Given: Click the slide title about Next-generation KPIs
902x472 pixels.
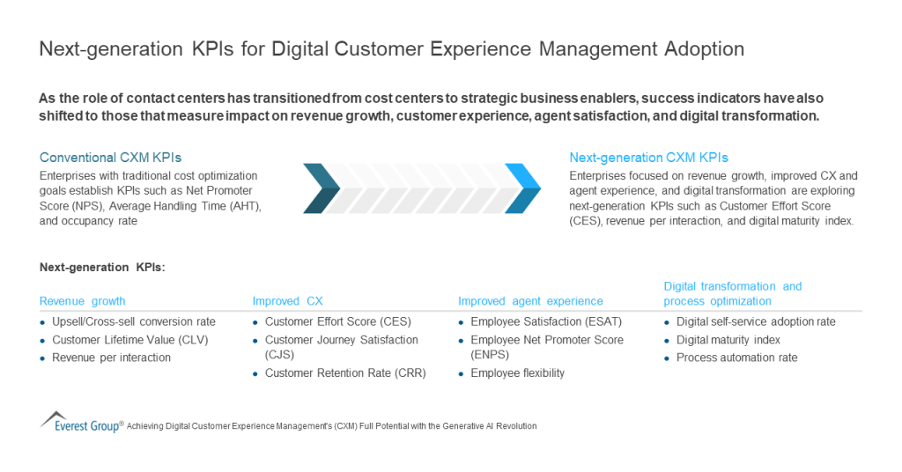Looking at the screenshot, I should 391,49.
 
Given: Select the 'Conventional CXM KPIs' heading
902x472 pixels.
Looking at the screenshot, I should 110,158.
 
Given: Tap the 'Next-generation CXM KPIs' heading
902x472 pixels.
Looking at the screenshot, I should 648,158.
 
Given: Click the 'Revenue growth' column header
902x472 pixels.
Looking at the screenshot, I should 83,301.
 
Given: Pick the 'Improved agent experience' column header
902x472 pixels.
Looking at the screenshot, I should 530,301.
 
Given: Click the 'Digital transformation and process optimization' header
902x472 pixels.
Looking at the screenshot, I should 732,293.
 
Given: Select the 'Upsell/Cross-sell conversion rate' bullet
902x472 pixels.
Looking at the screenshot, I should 134,321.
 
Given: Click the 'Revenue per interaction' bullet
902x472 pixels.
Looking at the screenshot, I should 111,358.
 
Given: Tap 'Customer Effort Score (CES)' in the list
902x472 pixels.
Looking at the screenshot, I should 337,321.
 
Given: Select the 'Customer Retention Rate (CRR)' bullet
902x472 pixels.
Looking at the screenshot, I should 344,373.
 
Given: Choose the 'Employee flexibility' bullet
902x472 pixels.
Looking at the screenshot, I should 517,373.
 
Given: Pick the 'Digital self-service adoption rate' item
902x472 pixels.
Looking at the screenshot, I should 755,321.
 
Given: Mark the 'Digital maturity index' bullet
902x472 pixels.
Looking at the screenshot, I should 728,340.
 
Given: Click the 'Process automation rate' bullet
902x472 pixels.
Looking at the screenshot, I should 736,358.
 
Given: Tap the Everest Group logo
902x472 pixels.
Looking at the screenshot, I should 81,422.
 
